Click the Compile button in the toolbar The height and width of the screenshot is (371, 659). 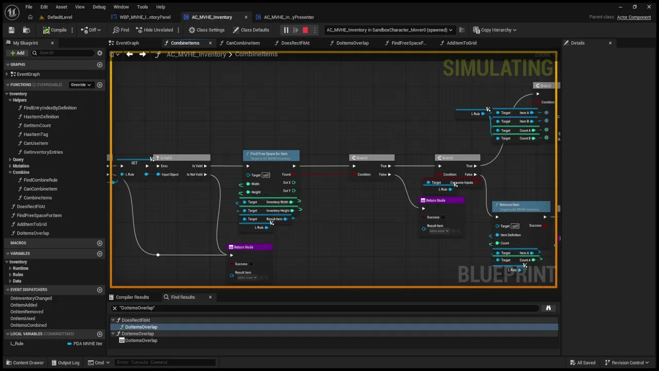click(x=55, y=30)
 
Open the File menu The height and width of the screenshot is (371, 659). click(x=29, y=7)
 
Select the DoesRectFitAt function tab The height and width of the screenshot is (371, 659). click(x=295, y=43)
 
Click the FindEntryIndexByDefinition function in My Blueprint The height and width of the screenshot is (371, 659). click(x=50, y=108)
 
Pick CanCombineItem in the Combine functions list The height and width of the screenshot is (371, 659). click(x=40, y=189)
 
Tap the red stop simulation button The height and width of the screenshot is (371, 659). click(x=305, y=30)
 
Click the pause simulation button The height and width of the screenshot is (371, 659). click(x=286, y=30)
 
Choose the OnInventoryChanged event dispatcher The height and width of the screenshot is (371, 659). click(x=31, y=298)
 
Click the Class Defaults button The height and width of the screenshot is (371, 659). click(x=251, y=30)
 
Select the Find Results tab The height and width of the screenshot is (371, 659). click(x=182, y=297)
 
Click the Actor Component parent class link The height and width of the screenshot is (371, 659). click(x=634, y=17)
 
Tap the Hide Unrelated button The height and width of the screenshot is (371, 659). click(x=154, y=30)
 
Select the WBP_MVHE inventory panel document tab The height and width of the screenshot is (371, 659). click(x=145, y=17)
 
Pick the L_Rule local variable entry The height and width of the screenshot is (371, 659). click(x=18, y=344)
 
